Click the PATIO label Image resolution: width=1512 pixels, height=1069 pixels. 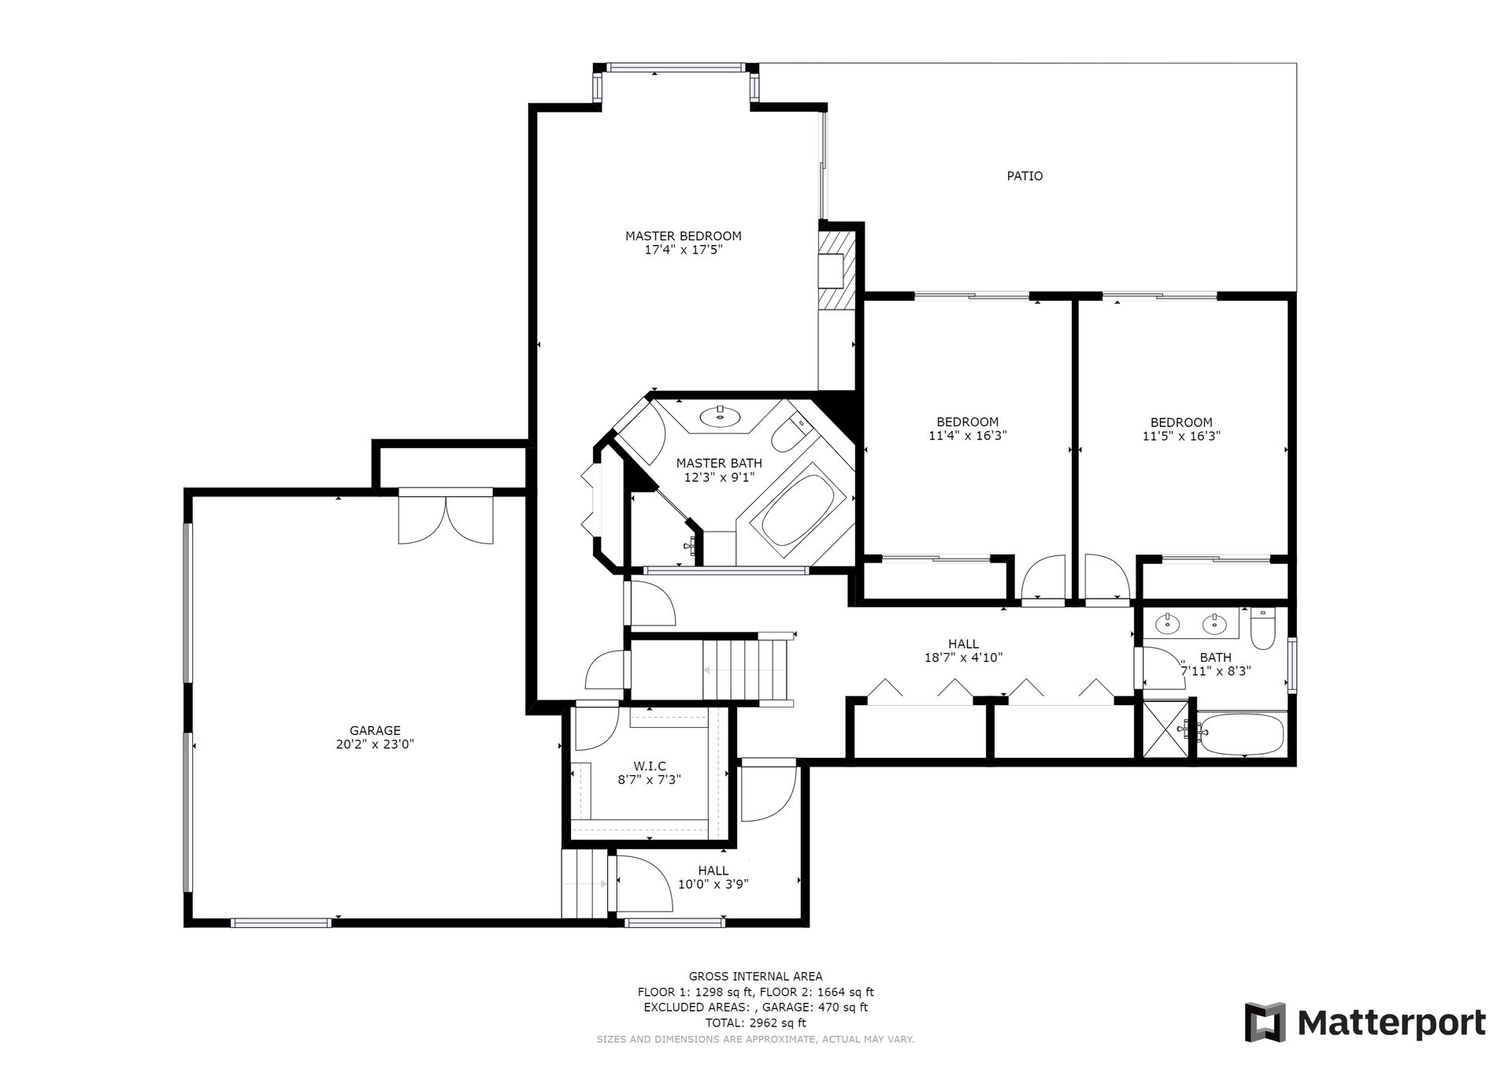1025,176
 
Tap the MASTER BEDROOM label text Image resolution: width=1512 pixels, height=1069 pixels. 684,236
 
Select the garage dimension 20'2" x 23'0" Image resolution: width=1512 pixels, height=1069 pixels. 375,744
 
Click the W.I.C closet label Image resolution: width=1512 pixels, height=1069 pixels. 650,766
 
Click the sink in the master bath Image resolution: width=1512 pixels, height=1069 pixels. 720,415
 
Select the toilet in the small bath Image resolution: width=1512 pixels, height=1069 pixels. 1262,629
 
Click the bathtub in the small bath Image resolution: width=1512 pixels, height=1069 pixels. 1241,734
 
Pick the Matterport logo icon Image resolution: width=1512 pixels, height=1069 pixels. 1265,1022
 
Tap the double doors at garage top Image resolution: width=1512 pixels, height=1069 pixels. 446,517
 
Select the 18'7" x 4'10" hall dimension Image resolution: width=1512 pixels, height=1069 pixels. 963,658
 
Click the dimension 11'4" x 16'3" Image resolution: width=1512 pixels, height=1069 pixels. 968,435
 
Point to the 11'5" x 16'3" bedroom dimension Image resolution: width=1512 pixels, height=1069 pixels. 1181,435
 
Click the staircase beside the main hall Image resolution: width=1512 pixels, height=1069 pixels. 744,670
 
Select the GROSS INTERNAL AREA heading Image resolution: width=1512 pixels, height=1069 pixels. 756,977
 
